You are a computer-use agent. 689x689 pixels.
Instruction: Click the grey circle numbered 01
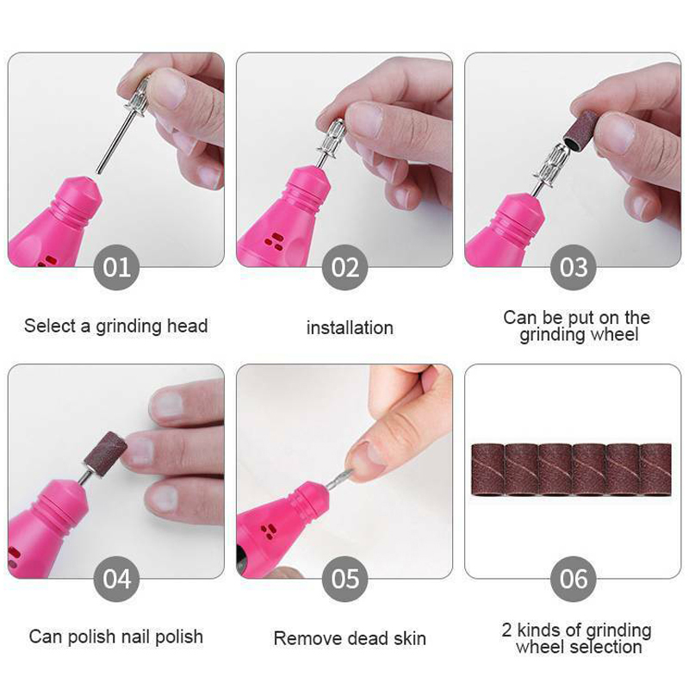(116, 267)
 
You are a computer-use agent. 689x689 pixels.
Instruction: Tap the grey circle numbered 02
(344, 267)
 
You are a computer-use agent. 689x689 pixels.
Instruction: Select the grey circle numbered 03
(573, 267)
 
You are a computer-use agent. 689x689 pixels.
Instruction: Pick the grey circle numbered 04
(116, 579)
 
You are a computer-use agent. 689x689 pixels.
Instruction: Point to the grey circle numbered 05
(344, 579)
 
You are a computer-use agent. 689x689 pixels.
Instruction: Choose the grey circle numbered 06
(573, 579)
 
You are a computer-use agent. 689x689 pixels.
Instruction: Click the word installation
(350, 328)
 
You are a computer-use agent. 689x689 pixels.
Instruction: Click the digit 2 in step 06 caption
(506, 630)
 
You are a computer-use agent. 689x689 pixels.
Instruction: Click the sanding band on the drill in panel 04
(106, 454)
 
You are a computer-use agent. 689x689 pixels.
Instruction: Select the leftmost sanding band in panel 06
(487, 469)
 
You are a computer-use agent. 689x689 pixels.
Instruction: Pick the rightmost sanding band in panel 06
(656, 469)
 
